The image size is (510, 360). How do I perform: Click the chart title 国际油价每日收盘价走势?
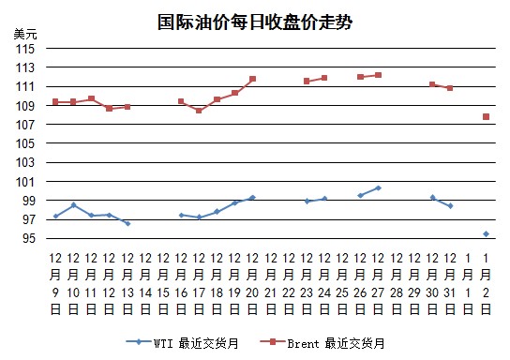pos(255,22)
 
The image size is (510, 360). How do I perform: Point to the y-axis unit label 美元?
pos(25,34)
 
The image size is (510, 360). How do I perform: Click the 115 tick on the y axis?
pos(25,49)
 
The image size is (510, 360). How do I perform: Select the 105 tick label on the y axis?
pos(25,143)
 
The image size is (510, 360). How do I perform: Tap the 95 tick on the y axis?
pos(28,238)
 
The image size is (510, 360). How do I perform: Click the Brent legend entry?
pos(322,343)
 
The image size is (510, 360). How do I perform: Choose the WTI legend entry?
pos(183,343)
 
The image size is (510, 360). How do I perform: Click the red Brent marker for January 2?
pos(486,117)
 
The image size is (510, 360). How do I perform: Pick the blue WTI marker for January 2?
pos(486,234)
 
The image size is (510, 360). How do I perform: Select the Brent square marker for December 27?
pos(378,75)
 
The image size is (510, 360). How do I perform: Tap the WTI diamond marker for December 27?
pos(378,187)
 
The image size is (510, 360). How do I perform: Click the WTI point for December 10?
pos(73,205)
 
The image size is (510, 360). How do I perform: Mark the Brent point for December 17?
pos(199,111)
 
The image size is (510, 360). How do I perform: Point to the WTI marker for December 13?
pos(127,224)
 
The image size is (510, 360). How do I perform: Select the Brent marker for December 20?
pos(253,79)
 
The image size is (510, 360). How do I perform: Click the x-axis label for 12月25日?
pos(342,284)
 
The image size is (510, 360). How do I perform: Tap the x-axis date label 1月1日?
pos(468,284)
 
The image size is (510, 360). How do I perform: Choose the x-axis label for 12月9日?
pos(55,284)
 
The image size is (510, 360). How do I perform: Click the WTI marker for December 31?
pos(450,206)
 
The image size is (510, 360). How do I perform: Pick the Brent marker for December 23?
pos(307,81)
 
